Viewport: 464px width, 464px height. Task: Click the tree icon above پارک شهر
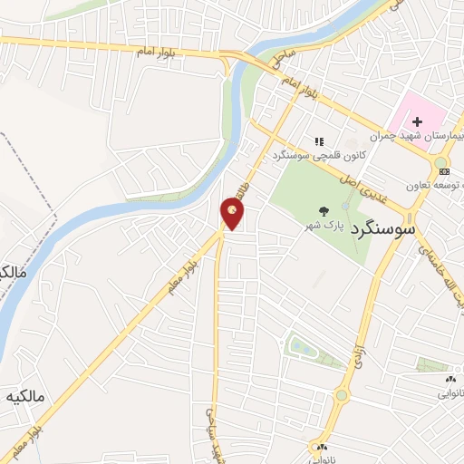[325, 208]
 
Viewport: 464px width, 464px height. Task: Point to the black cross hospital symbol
[418, 122]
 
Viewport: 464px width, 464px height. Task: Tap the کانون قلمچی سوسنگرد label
[320, 156]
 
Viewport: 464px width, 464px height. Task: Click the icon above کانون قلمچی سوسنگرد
[319, 141]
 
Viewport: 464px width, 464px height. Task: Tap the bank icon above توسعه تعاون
[441, 170]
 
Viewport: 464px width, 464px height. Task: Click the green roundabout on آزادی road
[342, 394]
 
